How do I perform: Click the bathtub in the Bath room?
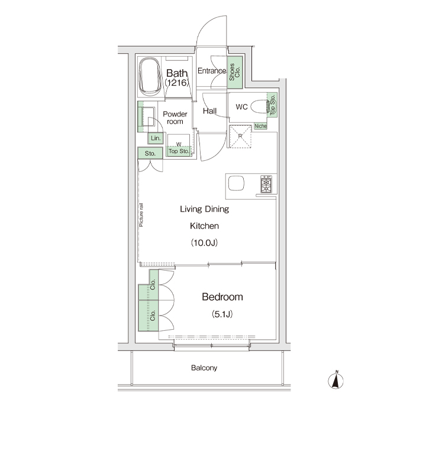click(x=150, y=77)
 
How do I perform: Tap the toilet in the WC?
click(x=259, y=107)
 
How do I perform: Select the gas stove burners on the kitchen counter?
click(x=266, y=184)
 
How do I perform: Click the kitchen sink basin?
click(x=235, y=183)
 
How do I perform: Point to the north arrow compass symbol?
click(x=335, y=380)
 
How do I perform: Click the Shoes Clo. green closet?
click(x=234, y=72)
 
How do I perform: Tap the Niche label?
click(x=260, y=126)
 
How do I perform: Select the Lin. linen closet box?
click(x=156, y=138)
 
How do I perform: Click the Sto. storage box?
click(x=150, y=153)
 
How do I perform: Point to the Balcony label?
click(x=204, y=368)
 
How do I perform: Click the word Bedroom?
click(x=222, y=297)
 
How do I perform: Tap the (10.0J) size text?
click(x=204, y=243)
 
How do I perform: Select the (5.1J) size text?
click(x=222, y=314)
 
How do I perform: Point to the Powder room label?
click(x=175, y=118)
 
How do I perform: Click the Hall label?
click(x=210, y=111)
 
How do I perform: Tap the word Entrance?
click(x=212, y=70)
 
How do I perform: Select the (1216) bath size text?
click(x=177, y=83)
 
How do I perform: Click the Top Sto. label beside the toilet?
click(x=272, y=105)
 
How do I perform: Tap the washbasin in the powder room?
click(x=147, y=116)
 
